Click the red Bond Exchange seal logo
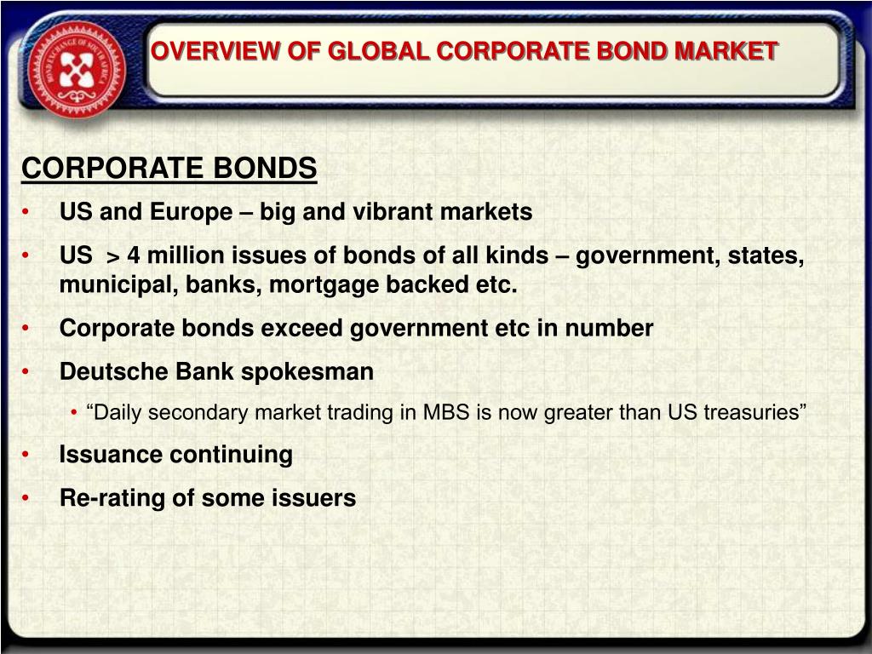77,70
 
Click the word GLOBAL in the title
378,51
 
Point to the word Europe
191,213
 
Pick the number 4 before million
134,255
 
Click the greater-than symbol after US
113,257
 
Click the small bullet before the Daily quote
74,413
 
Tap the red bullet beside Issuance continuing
25,455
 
